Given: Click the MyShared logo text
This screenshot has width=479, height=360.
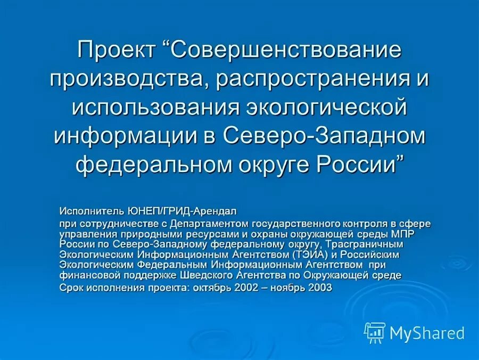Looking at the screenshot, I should coord(427,334).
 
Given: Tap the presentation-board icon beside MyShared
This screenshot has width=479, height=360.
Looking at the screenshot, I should coord(375,332).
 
